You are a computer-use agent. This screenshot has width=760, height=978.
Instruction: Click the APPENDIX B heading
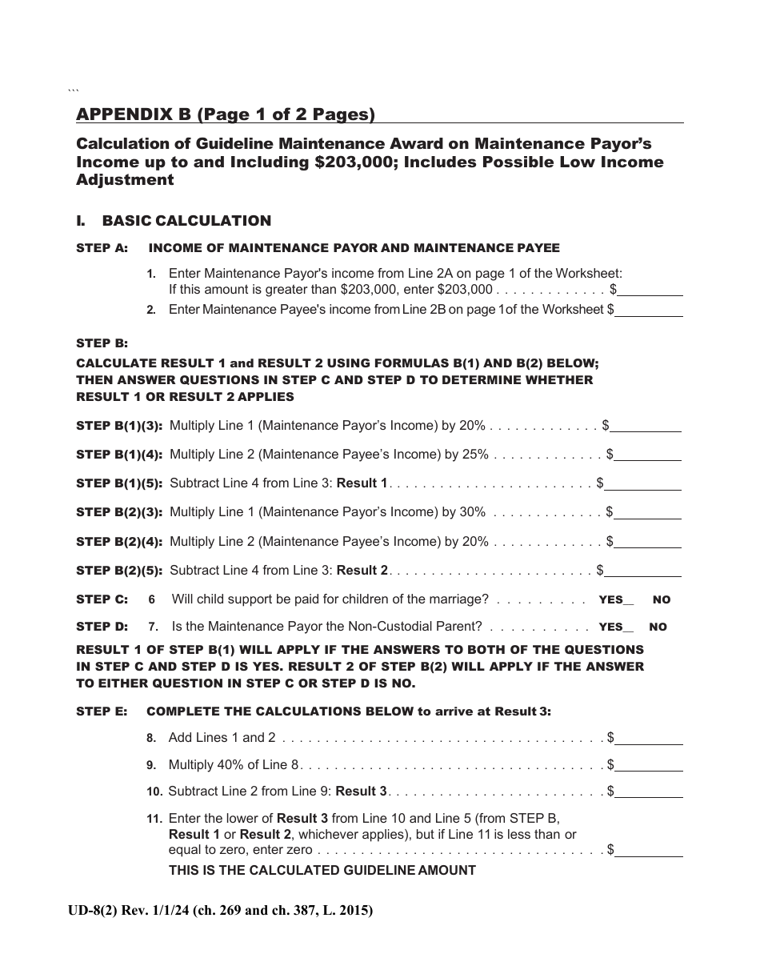click(x=226, y=114)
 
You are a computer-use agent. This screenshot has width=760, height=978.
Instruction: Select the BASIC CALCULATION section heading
click(x=186, y=221)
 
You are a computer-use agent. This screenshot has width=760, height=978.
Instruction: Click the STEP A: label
click(x=102, y=248)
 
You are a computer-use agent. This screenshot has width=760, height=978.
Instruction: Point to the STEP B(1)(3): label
click(x=119, y=426)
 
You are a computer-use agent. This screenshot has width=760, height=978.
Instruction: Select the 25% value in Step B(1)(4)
click(x=474, y=455)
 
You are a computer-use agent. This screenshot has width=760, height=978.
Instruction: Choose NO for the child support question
click(x=662, y=599)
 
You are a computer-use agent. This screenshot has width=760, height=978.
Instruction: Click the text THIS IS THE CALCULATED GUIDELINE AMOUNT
click(x=322, y=871)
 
